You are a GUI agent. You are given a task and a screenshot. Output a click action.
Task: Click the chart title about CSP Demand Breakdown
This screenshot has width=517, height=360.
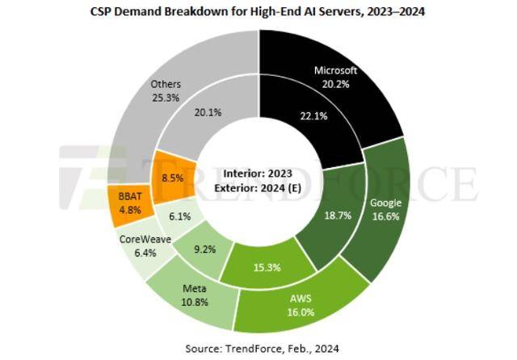pos(258,10)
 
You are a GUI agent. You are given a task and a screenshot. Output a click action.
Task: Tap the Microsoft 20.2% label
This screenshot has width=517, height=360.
pos(335,77)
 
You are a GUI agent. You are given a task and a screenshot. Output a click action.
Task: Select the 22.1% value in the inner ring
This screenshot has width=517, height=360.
pos(296,116)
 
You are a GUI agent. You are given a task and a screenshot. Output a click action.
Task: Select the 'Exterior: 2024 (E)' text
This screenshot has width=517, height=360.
pos(259,187)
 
